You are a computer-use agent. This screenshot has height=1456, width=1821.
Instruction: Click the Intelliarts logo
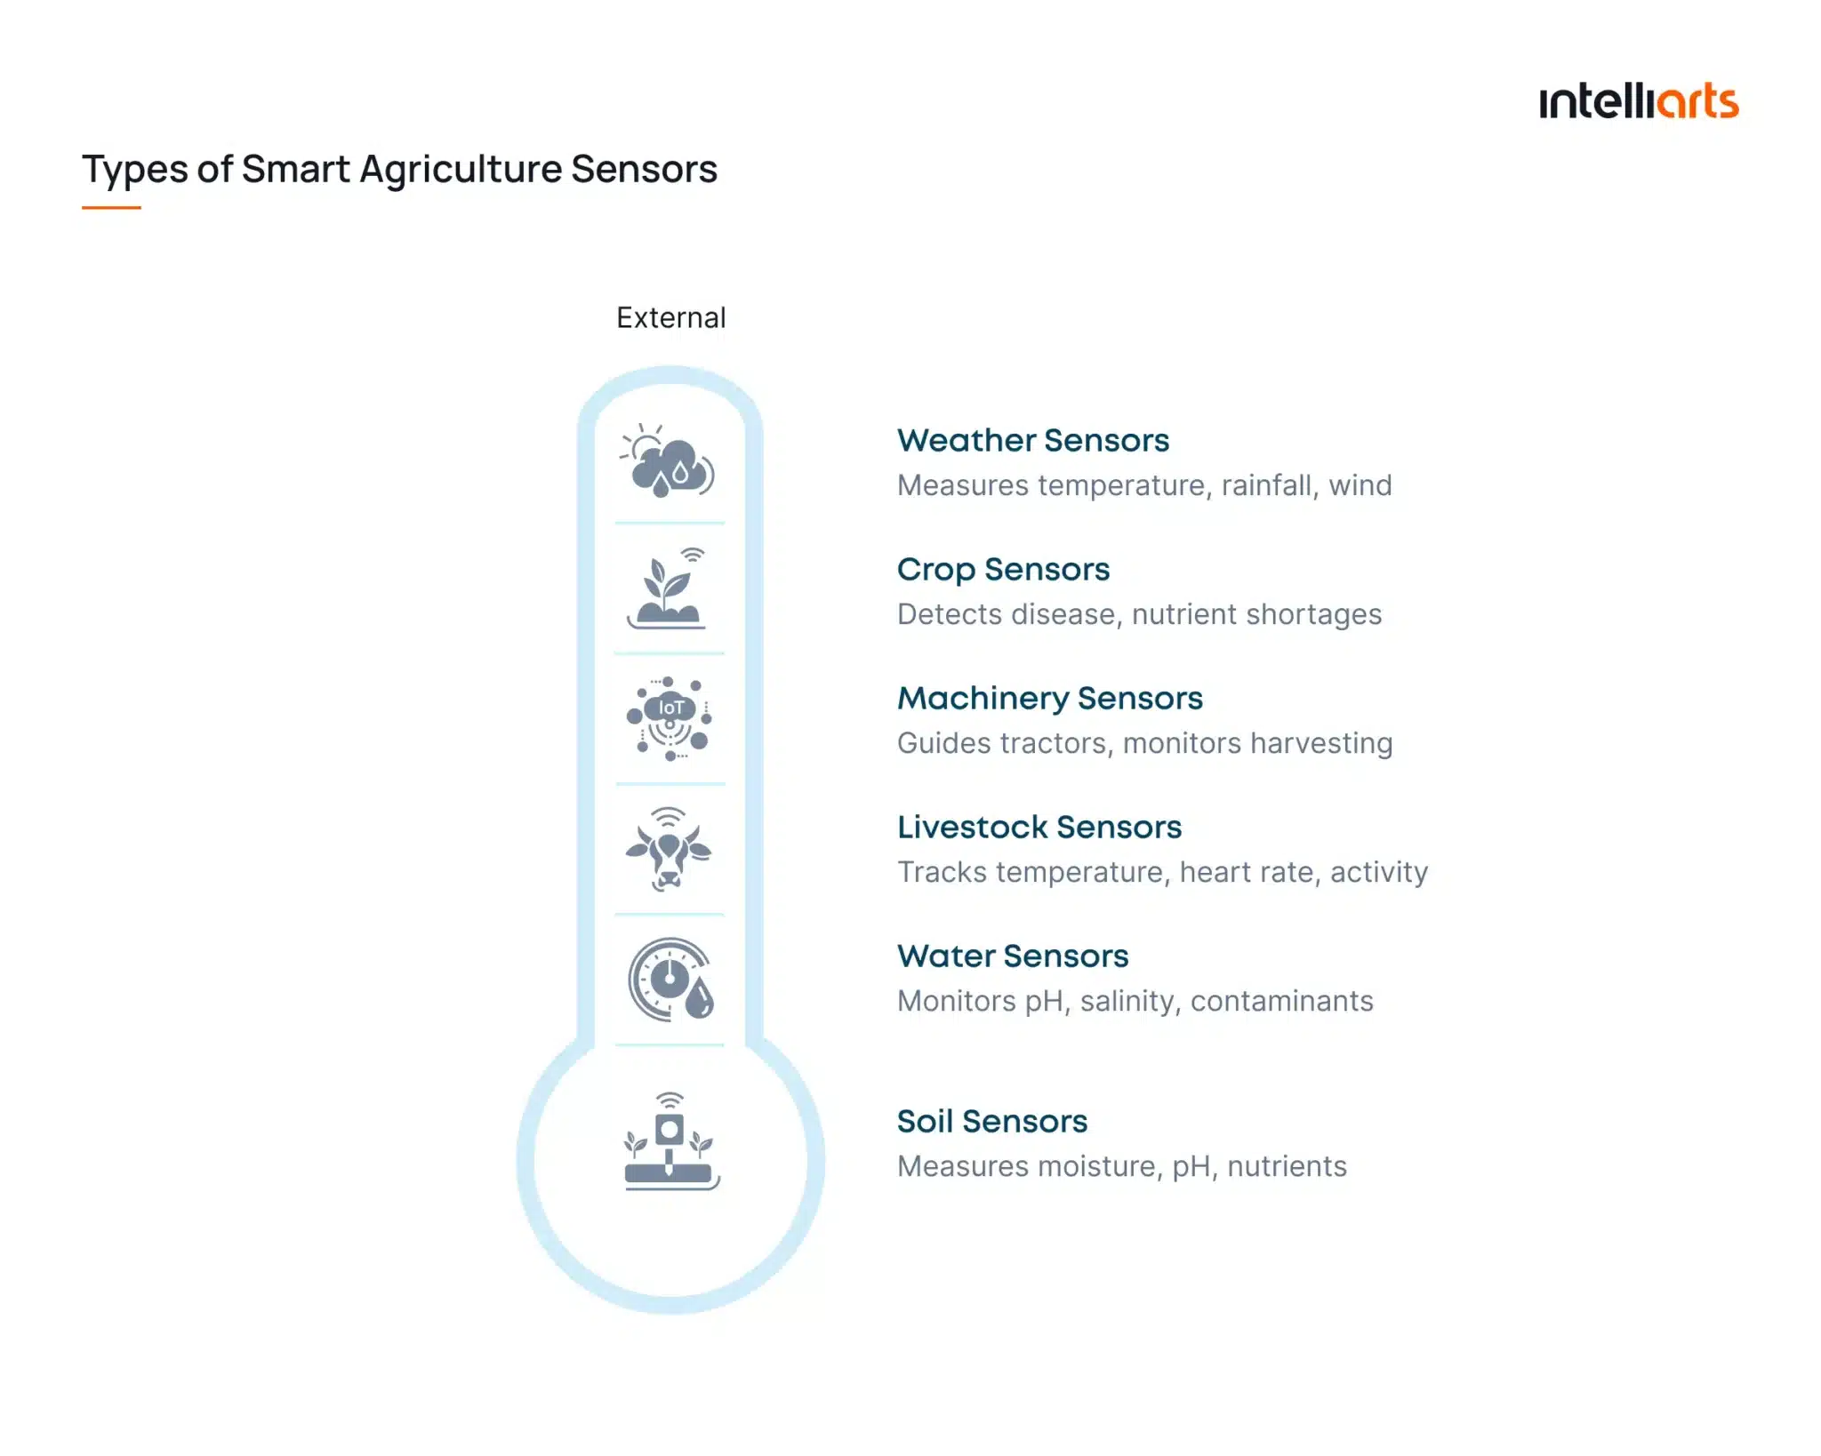pyautogui.click(x=1638, y=101)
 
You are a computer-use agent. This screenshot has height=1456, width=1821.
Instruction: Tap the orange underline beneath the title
pyautogui.click(x=111, y=207)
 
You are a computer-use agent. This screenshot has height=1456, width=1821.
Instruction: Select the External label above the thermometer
pyautogui.click(x=670, y=317)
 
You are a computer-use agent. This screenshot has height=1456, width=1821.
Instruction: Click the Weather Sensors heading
pyautogui.click(x=1032, y=440)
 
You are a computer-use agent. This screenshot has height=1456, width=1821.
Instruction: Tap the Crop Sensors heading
pyautogui.click(x=1003, y=569)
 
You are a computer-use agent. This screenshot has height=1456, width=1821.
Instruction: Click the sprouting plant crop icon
pyautogui.click(x=667, y=590)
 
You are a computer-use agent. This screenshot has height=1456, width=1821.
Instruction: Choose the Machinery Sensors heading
pyautogui.click(x=1049, y=698)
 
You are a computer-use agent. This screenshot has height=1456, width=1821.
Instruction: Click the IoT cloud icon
pyautogui.click(x=670, y=718)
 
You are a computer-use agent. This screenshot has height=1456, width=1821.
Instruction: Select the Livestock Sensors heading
pyautogui.click(x=1039, y=827)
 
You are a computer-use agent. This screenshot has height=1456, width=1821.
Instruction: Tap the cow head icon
pyautogui.click(x=669, y=850)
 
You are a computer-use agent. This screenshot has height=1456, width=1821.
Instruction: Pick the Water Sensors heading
pyautogui.click(x=1012, y=956)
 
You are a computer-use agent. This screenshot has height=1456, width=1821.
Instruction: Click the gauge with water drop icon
pyautogui.click(x=671, y=980)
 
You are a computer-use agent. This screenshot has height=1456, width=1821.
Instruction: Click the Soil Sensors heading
pyautogui.click(x=991, y=1121)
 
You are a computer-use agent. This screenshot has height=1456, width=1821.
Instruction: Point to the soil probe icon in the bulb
pyautogui.click(x=670, y=1143)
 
